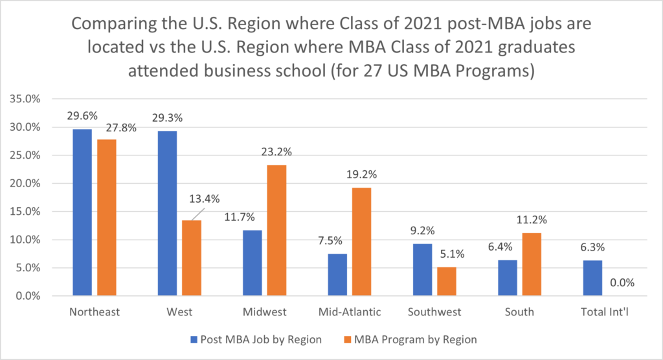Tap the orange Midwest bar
(276, 231)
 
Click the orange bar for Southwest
(447, 281)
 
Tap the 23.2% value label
(276, 152)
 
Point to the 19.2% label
(361, 174)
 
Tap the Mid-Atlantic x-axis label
(350, 312)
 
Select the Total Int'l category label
(605, 312)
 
